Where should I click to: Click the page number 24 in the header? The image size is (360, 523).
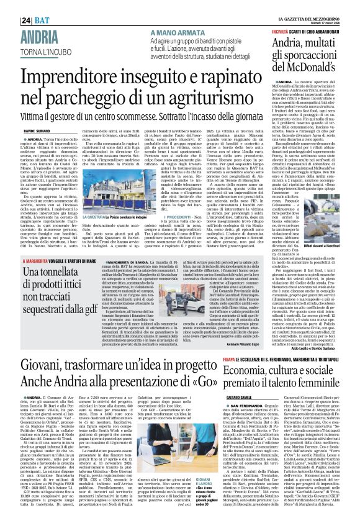pyautogui.click(x=10, y=6)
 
